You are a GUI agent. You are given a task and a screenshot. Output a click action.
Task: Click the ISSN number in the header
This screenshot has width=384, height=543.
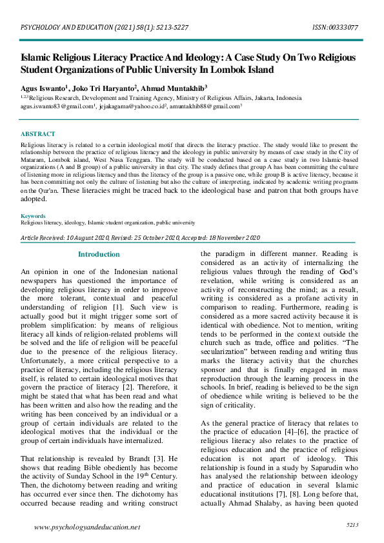[x=335, y=28]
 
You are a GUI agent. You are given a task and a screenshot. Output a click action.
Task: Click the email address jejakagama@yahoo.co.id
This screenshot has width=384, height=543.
[x=132, y=106]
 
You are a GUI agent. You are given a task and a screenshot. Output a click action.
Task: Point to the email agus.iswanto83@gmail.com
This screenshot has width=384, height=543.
[x=56, y=106]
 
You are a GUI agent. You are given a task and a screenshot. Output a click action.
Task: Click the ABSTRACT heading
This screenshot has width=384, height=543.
[x=36, y=133]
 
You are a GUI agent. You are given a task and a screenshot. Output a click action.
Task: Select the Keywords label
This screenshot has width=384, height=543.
[x=33, y=216]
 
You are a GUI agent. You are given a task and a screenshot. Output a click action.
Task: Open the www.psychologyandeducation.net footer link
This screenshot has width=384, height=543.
[x=86, y=527]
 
